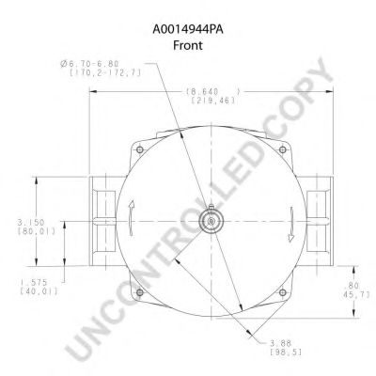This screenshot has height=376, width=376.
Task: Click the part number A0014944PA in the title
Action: click(188, 30)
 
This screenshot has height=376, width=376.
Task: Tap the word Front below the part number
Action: click(188, 45)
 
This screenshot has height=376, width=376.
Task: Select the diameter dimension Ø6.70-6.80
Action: click(89, 64)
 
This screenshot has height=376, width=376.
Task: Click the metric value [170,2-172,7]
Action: click(105, 73)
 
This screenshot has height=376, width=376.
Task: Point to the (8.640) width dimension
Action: click(213, 92)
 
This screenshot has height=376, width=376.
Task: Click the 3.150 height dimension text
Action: click(31, 223)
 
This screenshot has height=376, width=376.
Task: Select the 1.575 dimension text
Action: click(34, 282)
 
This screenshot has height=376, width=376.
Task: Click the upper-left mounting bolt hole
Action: click(140, 149)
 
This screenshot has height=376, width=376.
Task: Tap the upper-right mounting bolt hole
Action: click(283, 149)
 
